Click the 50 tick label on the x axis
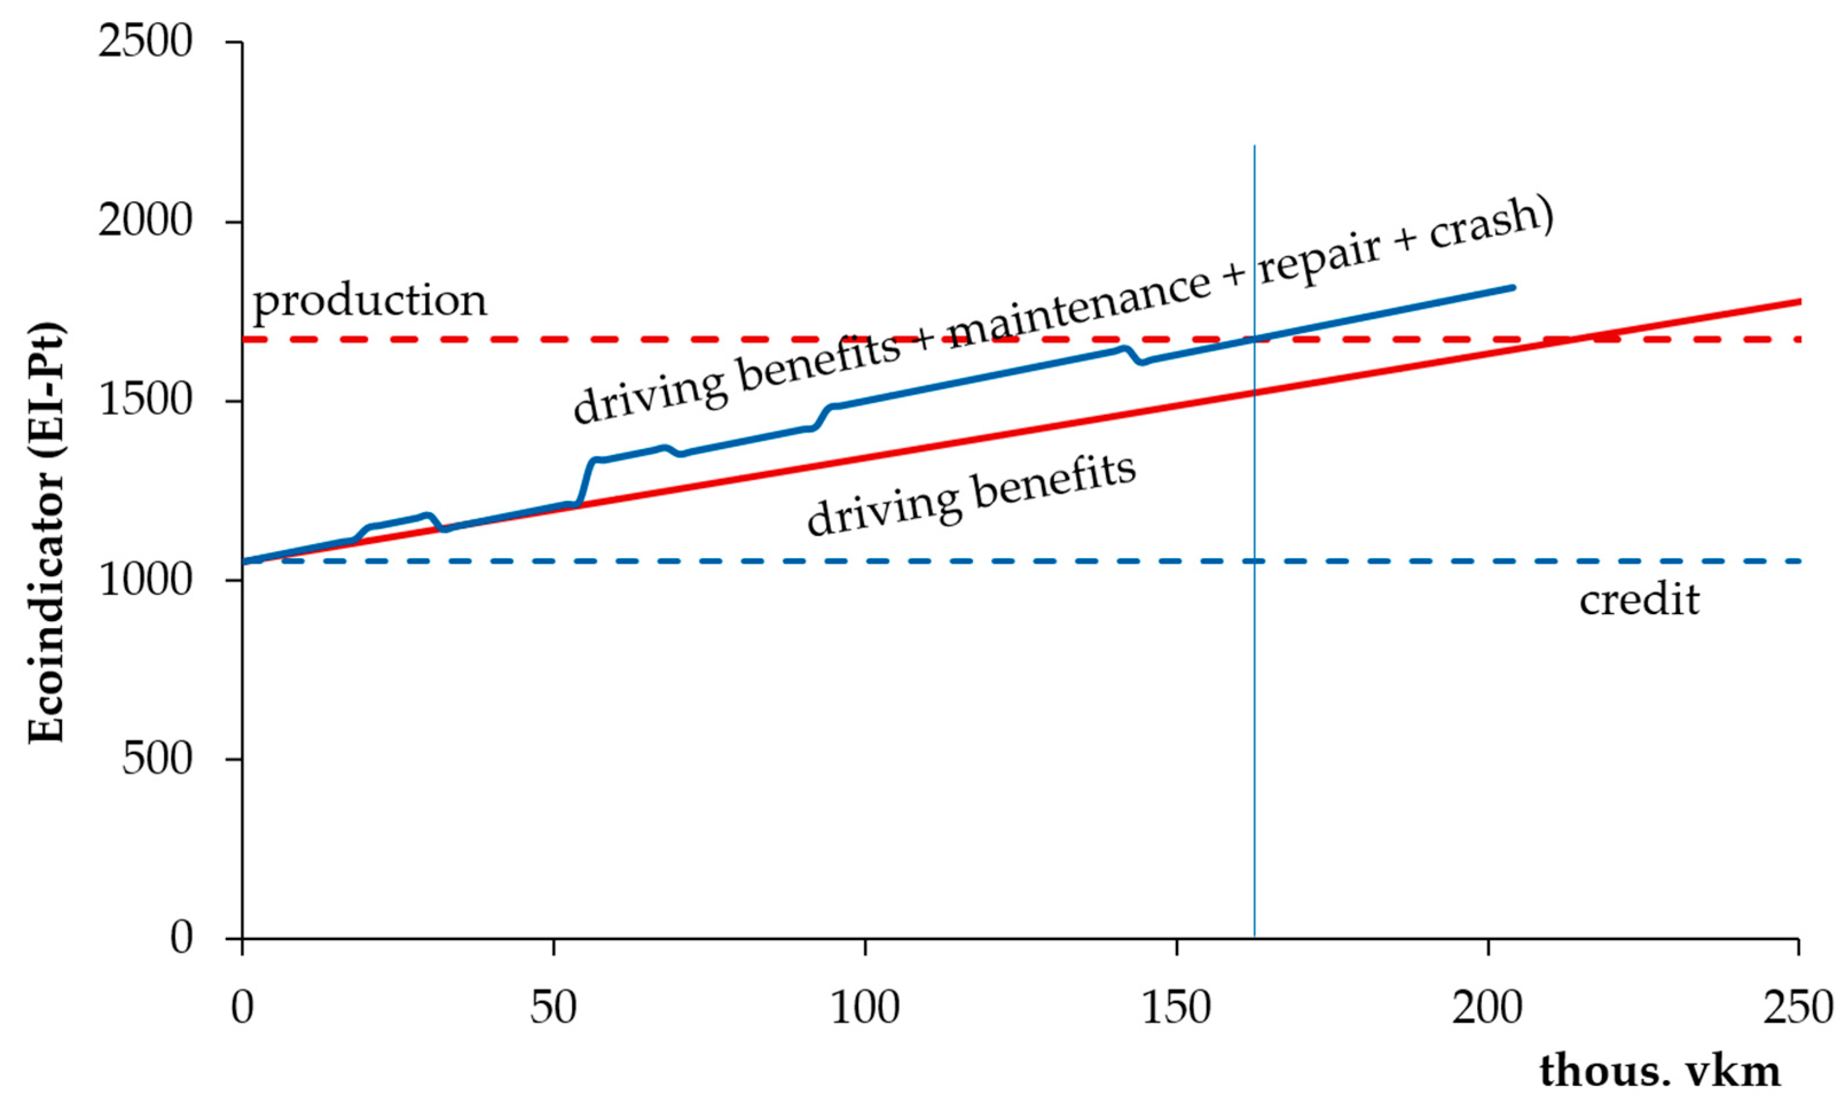pyautogui.click(x=553, y=1008)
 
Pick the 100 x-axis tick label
pyautogui.click(x=865, y=1008)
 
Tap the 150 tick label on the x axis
pyautogui.click(x=1176, y=1008)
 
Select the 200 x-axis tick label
pyautogui.click(x=1487, y=1008)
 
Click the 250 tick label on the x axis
pyautogui.click(x=1798, y=1008)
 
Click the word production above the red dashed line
pyautogui.click(x=370, y=301)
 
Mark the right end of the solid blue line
pyautogui.click(x=1513, y=288)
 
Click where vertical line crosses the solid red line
pyautogui.click(x=1254, y=392)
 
